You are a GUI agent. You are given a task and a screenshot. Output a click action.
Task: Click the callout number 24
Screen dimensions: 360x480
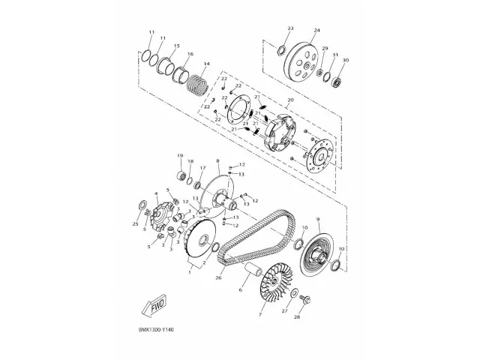point(316,31)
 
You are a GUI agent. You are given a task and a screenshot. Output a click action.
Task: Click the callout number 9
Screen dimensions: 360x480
point(318,219)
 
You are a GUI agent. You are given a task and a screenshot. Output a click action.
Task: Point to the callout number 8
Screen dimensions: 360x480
point(217,161)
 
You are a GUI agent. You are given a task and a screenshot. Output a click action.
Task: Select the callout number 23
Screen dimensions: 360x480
point(289,28)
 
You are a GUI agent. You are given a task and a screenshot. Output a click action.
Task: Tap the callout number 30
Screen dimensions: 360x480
point(346,61)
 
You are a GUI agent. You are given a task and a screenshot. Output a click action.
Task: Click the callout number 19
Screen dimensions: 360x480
point(180,155)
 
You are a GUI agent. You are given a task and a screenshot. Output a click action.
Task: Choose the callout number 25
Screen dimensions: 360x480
point(136,223)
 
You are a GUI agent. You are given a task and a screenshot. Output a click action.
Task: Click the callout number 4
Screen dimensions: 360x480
point(156,193)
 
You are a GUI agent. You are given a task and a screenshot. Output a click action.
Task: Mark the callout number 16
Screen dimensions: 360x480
point(190,54)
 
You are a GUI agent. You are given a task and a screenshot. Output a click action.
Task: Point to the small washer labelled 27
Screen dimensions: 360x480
point(294,292)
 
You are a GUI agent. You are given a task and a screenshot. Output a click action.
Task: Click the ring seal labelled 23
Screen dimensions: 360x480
point(281,51)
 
